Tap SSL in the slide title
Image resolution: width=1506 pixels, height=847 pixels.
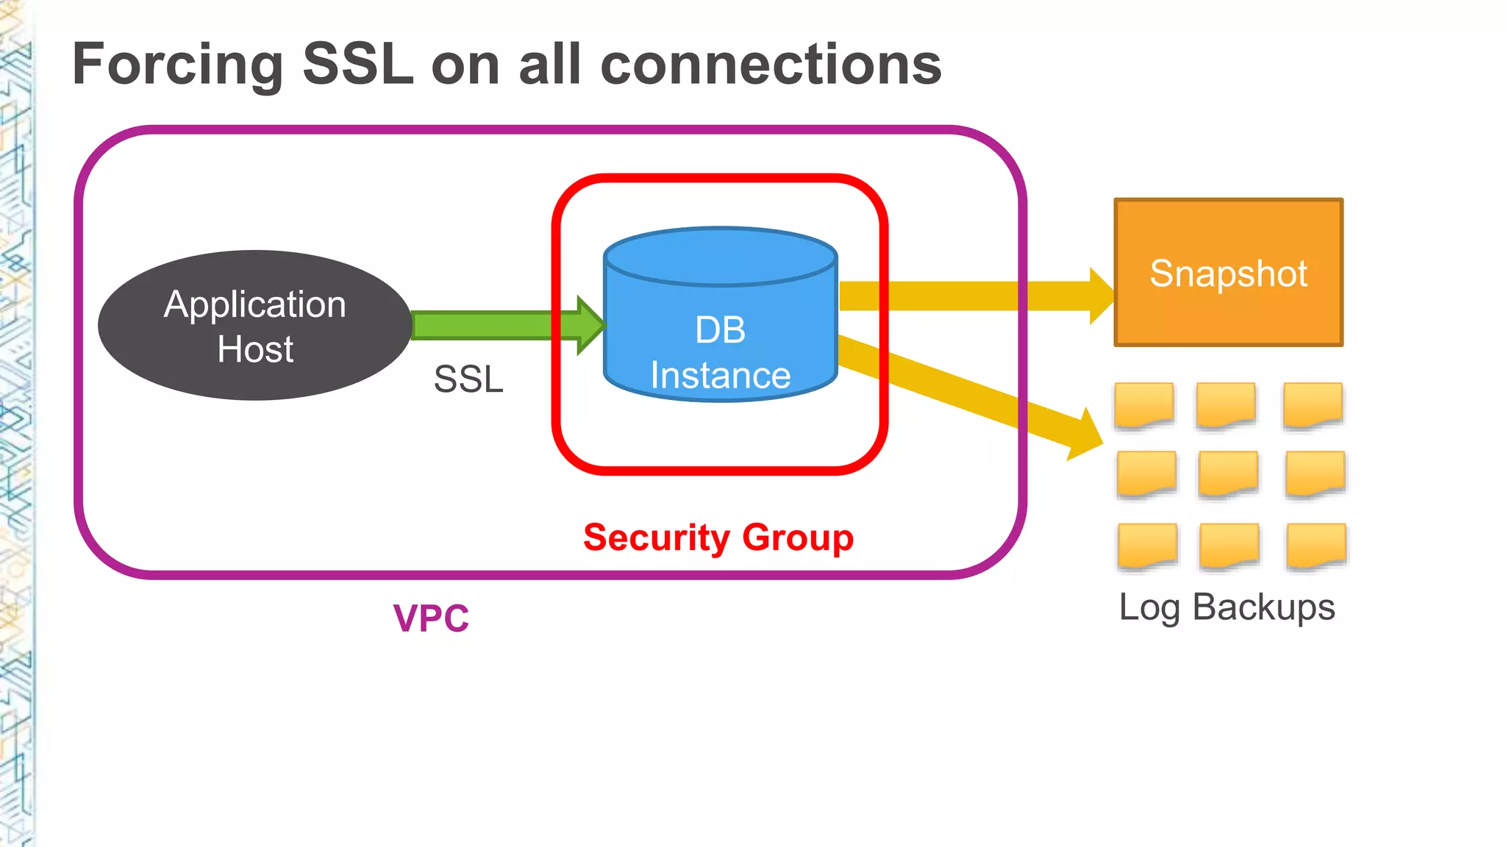tap(357, 65)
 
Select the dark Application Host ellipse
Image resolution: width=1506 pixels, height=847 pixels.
tap(254, 326)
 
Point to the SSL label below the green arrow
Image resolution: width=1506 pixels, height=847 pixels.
tap(468, 379)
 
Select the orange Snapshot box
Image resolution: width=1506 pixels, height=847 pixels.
tap(1228, 272)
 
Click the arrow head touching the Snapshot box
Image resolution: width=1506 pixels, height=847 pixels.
tap(1101, 296)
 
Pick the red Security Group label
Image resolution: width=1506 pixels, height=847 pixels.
tap(718, 537)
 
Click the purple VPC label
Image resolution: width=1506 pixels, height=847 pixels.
tap(431, 618)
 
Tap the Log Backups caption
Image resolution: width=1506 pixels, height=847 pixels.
tap(1227, 607)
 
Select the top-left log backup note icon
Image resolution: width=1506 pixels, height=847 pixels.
tap(1143, 404)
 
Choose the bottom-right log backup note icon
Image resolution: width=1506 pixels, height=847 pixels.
tap(1316, 546)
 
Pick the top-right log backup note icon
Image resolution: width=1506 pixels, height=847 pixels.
tap(1313, 404)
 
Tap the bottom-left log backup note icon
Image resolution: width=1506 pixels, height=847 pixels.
tap(1147, 546)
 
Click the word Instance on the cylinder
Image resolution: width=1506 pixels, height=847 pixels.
tap(720, 376)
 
